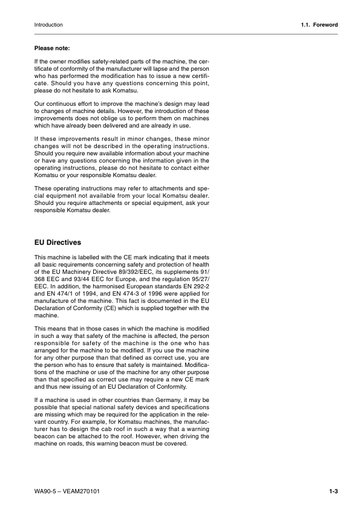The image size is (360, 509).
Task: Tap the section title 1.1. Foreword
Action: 319,25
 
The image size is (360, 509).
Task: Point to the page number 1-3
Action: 333,491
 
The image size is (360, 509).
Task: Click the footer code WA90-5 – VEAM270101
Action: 67,491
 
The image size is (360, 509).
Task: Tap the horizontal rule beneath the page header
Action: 180,34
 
